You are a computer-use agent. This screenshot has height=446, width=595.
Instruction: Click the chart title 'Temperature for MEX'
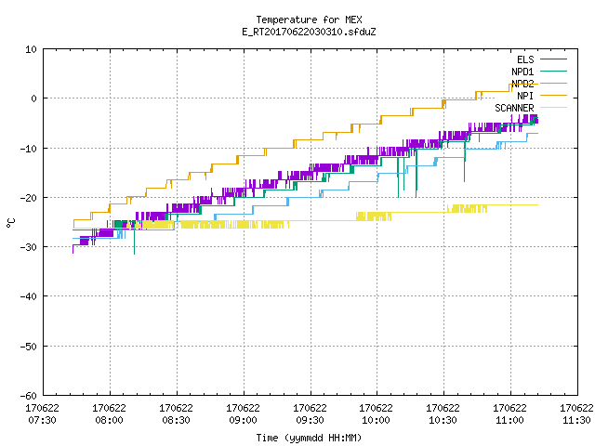coord(309,20)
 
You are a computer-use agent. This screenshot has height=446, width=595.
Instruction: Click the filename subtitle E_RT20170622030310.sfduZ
coord(309,32)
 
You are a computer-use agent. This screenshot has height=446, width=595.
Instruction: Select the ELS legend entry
coord(525,59)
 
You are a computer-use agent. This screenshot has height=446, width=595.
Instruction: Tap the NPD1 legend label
coord(522,72)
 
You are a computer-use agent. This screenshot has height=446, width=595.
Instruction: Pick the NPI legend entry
coord(525,96)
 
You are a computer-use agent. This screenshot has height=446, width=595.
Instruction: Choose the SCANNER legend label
coord(514,108)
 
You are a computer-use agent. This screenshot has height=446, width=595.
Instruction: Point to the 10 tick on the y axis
coord(31,49)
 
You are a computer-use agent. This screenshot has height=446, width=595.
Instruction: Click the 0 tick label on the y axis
coord(33,98)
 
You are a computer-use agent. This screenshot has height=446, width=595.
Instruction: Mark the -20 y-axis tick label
coord(29,198)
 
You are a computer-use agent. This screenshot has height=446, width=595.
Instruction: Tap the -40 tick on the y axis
coord(29,296)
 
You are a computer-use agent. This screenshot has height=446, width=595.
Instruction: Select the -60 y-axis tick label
coord(29,396)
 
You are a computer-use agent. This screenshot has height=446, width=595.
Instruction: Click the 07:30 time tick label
coord(42,420)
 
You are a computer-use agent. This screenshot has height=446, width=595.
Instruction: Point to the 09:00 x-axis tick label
coord(243,420)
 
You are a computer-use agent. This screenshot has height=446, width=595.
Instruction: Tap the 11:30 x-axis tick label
coord(576,420)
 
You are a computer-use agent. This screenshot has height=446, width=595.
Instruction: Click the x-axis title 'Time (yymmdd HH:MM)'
coord(309,438)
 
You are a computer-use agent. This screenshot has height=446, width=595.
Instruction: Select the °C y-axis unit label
coord(10,223)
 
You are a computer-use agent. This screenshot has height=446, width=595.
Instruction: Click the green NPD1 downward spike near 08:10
coord(134,242)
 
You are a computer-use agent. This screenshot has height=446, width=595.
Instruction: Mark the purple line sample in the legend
coord(553,59)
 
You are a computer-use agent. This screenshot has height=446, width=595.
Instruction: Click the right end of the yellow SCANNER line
coord(537,204)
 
